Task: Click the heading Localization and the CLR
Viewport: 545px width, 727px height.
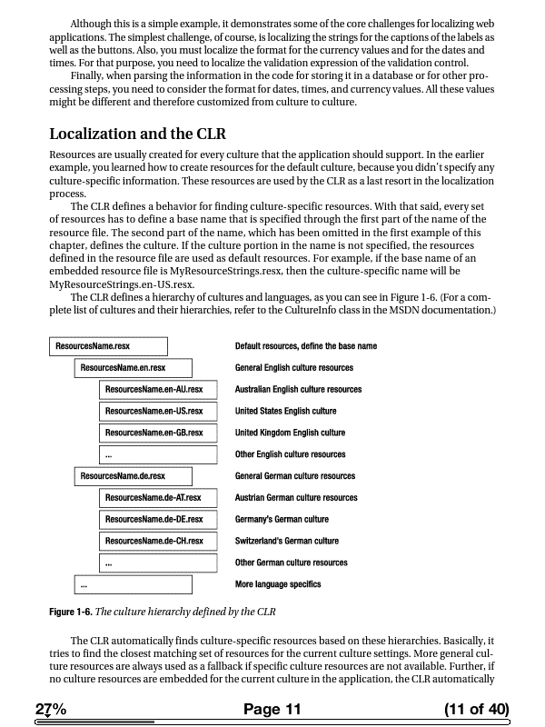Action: (137, 134)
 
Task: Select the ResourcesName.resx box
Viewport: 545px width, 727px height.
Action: (108, 346)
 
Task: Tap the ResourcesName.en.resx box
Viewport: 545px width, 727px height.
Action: (133, 368)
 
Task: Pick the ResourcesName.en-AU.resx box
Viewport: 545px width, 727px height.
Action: (158, 390)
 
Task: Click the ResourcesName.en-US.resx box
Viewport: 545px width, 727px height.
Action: (158, 412)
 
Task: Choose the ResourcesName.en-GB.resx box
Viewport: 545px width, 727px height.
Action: (158, 433)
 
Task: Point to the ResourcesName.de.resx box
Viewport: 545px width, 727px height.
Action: (133, 476)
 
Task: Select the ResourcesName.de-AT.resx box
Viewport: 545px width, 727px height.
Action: (158, 498)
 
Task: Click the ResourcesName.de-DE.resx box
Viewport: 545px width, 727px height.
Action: (158, 520)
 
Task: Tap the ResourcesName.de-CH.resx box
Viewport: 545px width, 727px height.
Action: (158, 542)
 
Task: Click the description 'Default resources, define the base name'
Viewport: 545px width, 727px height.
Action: (305, 346)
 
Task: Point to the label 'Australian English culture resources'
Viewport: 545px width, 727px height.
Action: (298, 390)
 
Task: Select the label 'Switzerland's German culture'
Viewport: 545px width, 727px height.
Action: (286, 542)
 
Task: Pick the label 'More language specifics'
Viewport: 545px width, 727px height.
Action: (277, 584)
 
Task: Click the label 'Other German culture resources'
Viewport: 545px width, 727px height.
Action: (291, 563)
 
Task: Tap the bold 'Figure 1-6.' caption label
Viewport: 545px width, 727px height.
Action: (70, 611)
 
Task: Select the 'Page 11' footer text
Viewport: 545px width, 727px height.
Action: (272, 710)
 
